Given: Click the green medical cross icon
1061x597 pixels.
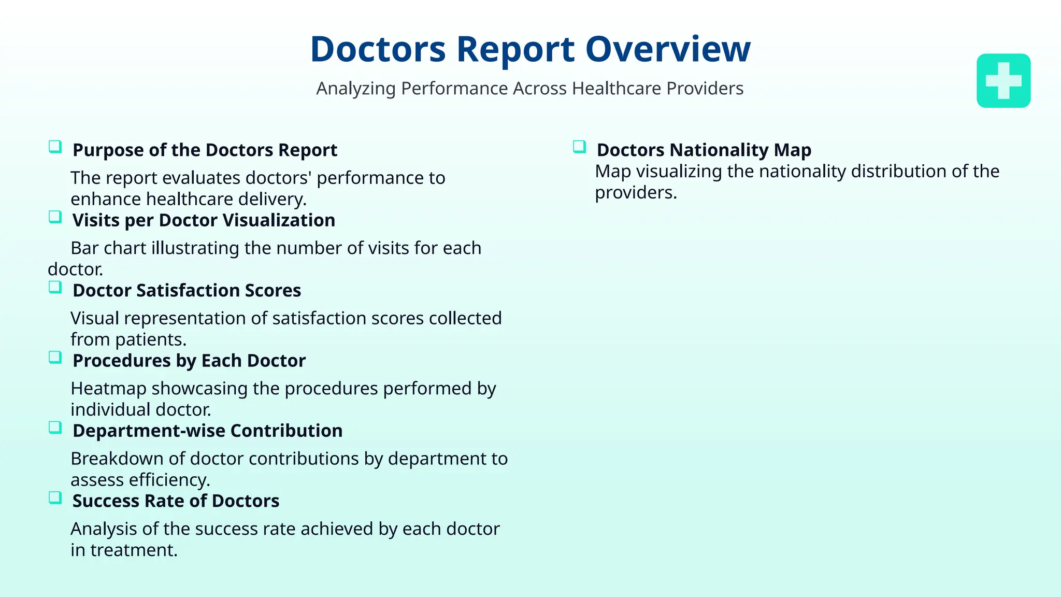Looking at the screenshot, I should click(x=1003, y=81).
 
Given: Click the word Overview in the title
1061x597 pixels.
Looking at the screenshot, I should click(x=668, y=50).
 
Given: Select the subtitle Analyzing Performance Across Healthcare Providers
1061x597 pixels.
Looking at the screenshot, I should click(x=529, y=89).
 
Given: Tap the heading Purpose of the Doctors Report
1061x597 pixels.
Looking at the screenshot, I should click(x=205, y=150).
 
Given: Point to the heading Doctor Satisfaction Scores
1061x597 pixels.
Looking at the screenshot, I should click(x=187, y=291).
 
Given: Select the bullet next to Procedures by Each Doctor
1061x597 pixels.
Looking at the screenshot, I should click(x=55, y=357).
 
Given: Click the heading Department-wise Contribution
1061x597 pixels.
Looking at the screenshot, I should click(x=207, y=431).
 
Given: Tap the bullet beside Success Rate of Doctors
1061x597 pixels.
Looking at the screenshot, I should click(x=55, y=497).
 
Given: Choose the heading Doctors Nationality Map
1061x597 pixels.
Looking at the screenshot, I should click(x=704, y=150).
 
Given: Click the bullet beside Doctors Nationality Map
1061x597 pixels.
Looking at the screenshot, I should click(x=579, y=147).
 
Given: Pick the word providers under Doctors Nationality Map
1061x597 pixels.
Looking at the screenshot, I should click(x=636, y=193).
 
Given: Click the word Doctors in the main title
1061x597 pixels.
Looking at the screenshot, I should click(x=378, y=50).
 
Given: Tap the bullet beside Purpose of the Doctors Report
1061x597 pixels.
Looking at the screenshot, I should click(x=55, y=147).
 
